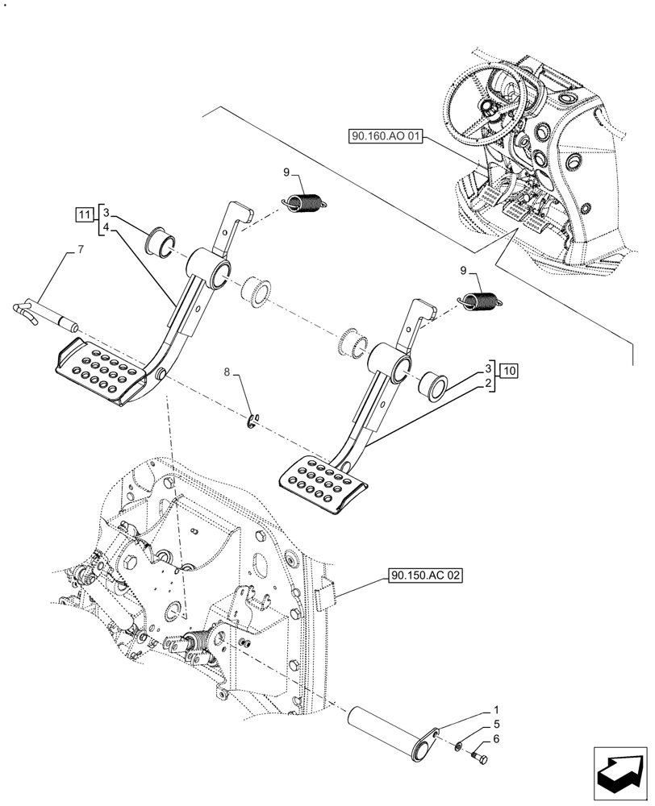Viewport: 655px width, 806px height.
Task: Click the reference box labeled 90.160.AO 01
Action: coord(386,137)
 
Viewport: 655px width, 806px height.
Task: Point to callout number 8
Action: coord(227,373)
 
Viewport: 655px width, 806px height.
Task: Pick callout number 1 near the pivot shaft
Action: coord(486,712)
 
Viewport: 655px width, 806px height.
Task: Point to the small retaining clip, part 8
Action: coord(253,419)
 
